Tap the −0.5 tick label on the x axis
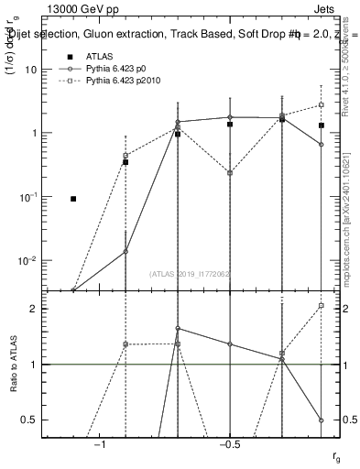point(229,444)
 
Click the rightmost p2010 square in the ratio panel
point(322,306)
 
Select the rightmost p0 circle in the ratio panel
point(322,420)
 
